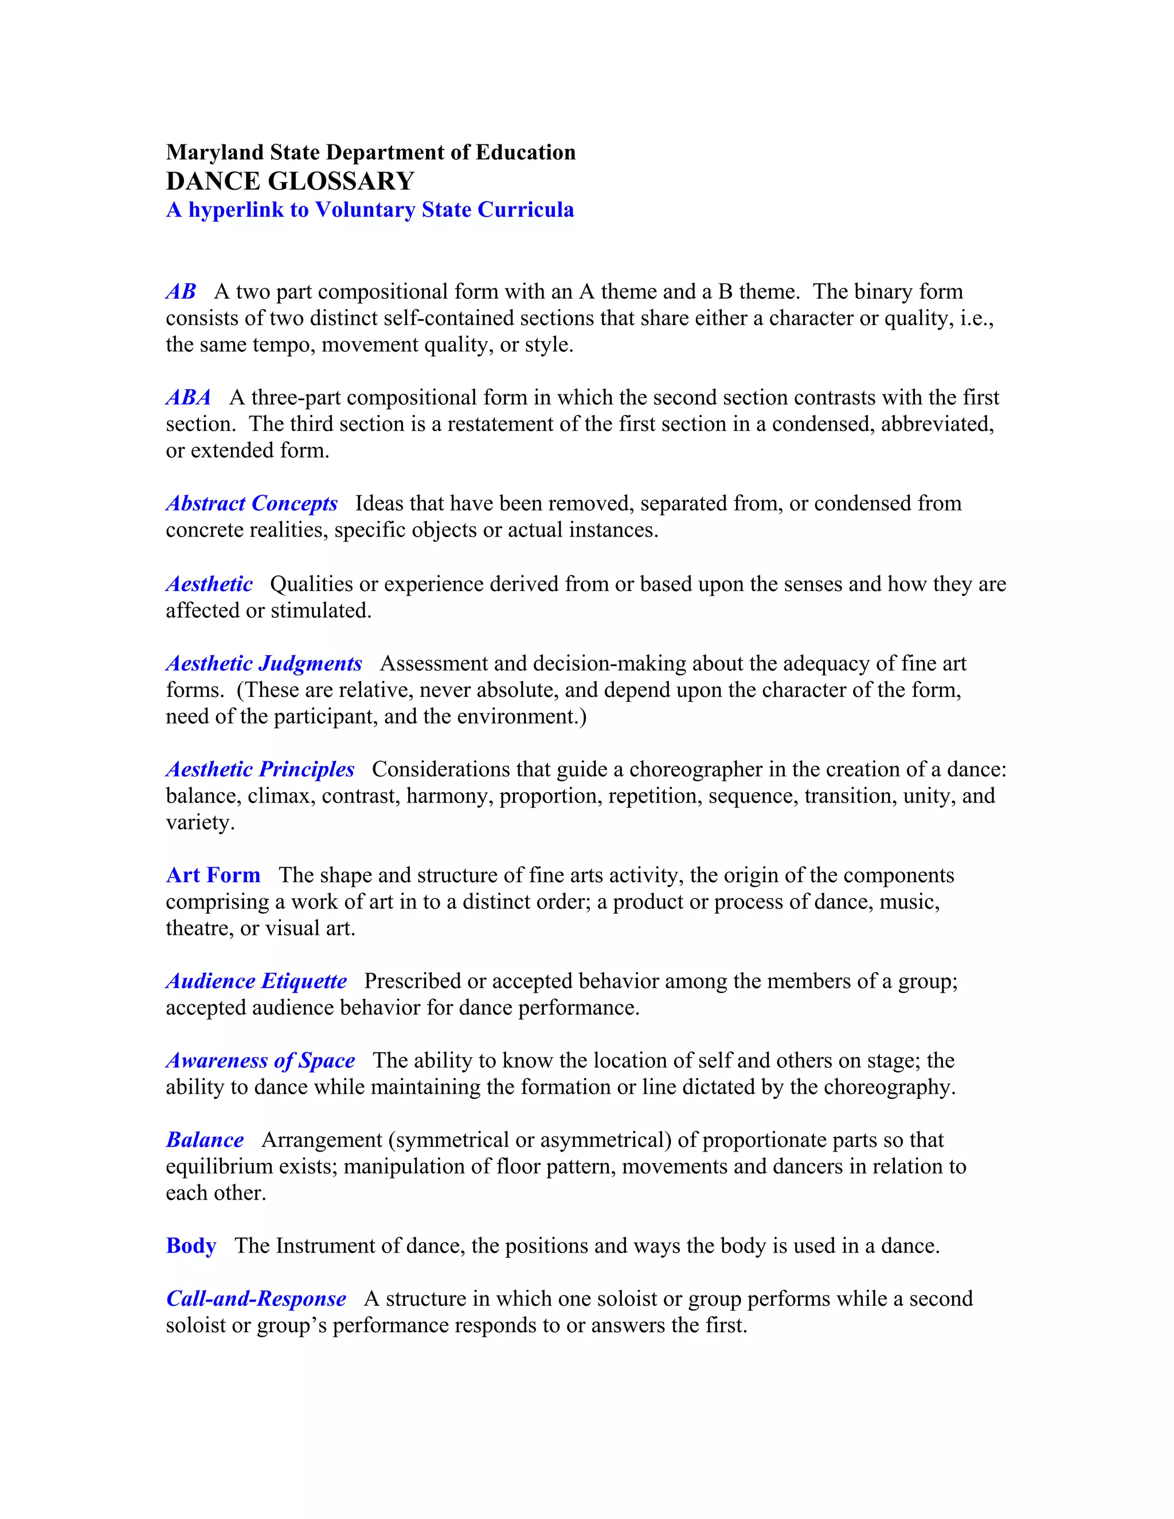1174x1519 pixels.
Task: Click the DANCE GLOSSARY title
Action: click(290, 182)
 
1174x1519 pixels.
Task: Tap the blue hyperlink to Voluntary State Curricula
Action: click(370, 210)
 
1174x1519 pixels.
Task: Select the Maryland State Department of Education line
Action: click(371, 152)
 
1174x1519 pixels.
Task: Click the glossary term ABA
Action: click(189, 398)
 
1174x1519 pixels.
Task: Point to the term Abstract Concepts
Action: click(252, 503)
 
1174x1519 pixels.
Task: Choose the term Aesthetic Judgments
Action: click(264, 664)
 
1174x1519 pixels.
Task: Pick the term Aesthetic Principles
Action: click(260, 769)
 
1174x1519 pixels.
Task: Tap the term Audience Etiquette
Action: click(256, 981)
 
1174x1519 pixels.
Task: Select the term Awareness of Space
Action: click(260, 1060)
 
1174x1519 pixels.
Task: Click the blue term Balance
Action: click(205, 1140)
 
